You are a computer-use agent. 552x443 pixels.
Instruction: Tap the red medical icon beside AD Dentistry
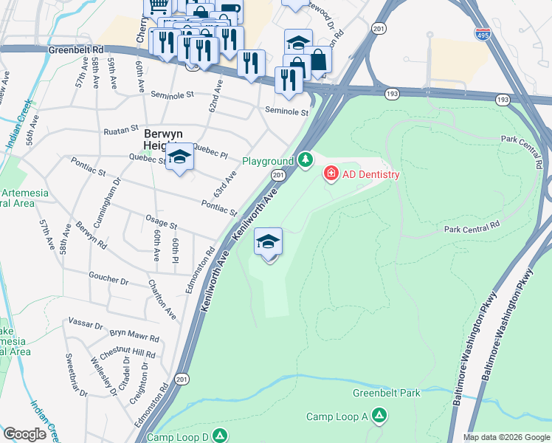(x=331, y=174)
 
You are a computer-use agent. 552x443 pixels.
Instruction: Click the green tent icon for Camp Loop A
(x=379, y=416)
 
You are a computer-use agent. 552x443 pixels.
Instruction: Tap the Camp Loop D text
(x=178, y=437)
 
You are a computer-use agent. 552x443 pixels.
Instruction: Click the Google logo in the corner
(x=24, y=433)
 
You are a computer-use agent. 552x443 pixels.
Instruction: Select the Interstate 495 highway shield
(x=480, y=32)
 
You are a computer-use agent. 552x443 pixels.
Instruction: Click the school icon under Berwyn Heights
(x=179, y=157)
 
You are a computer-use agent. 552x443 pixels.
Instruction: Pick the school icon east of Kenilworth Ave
(x=269, y=241)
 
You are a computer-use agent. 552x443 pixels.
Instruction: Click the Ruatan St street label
(x=121, y=128)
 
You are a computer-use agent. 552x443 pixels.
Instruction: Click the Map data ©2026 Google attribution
(x=506, y=437)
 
